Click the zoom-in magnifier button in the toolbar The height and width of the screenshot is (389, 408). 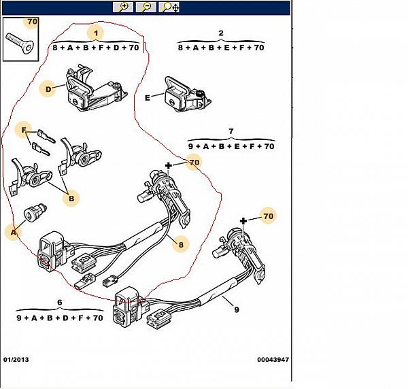123,7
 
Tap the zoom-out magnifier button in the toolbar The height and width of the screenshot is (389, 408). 146,7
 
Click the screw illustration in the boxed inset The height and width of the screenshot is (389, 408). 19,44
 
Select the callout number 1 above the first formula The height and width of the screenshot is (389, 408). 97,33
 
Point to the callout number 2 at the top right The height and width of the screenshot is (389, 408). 221,33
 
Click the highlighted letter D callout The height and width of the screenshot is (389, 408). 48,89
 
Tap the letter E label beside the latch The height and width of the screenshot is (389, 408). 148,98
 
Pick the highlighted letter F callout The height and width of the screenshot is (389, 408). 24,130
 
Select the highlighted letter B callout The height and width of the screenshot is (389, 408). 71,199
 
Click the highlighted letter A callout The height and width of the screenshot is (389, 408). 14,233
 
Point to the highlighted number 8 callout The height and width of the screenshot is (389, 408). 181,245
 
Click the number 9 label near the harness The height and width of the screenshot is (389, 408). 236,309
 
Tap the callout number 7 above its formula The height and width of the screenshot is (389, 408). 231,131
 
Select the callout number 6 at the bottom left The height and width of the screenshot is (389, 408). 60,303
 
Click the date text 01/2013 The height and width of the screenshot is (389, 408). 16,360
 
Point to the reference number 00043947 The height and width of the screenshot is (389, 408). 273,360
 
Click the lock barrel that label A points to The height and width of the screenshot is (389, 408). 35,212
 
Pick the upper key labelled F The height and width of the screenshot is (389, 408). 46,136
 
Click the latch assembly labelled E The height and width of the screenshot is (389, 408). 187,95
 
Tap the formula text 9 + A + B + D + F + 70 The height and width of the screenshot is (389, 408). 60,318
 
